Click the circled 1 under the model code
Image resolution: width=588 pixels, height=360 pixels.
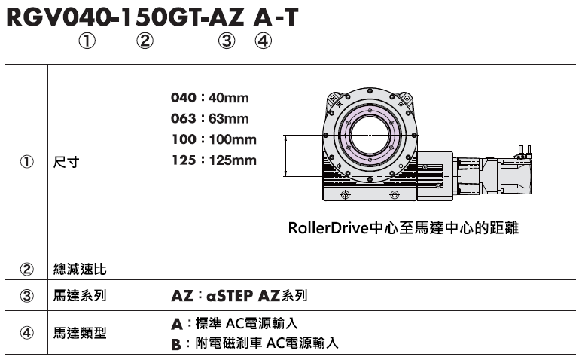click(87, 41)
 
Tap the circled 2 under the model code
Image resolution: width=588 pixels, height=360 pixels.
click(145, 41)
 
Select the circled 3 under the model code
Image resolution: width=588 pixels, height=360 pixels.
click(227, 41)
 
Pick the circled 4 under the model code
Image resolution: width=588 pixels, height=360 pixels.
click(263, 41)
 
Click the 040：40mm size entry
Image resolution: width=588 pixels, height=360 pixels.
click(209, 98)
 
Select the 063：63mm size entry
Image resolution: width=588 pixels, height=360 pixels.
click(209, 118)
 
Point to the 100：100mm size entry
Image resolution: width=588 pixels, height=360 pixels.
click(214, 139)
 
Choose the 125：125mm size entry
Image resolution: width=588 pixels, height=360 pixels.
click(214, 160)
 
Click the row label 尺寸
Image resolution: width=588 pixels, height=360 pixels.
click(66, 163)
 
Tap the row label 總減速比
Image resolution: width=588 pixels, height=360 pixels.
click(80, 270)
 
